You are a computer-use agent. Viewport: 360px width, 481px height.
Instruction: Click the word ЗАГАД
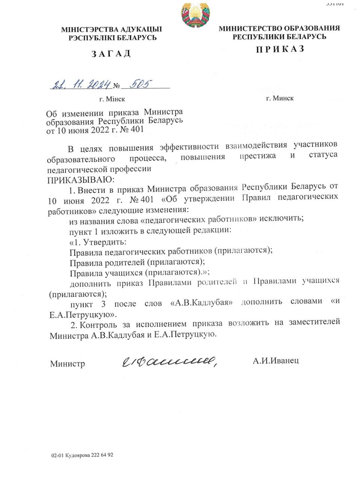coord(111,53)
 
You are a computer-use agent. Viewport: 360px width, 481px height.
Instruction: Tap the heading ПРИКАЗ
coord(280,49)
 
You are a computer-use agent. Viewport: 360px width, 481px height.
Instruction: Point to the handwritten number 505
coord(139,84)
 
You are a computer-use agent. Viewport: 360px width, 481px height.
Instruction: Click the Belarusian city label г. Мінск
coord(112,99)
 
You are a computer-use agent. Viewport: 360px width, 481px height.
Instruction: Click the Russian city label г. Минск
coord(280,98)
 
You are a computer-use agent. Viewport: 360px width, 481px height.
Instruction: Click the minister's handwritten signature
coord(169,361)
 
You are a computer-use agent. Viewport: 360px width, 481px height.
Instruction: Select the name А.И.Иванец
coord(276,361)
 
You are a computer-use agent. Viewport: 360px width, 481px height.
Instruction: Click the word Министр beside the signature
coord(68,364)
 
